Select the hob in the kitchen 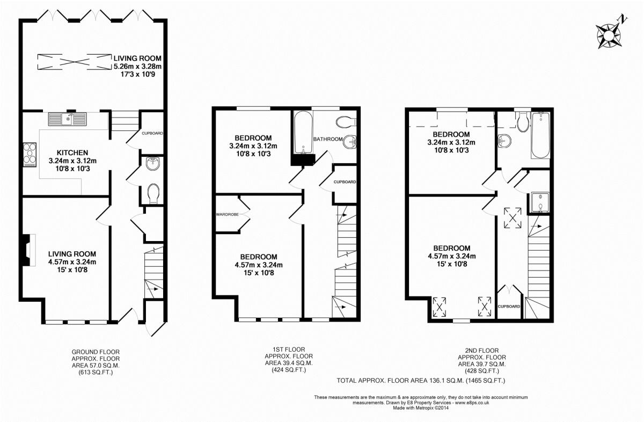tap(30, 155)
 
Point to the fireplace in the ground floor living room tap(27, 250)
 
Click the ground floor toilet tap(153, 193)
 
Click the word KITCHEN tap(65, 153)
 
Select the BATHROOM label tap(328, 139)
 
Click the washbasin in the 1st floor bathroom tap(350, 142)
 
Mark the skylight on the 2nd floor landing tap(513, 218)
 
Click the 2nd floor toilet tap(523, 122)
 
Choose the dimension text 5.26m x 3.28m tap(137, 66)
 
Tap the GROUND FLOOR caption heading tap(96, 352)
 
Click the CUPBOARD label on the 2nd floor tap(509, 307)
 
